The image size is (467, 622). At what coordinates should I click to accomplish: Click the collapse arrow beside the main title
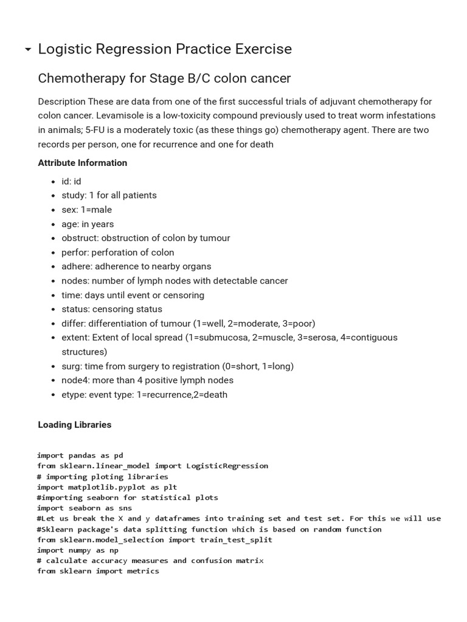pos(28,50)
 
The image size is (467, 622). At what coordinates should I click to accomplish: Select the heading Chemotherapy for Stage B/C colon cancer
pos(164,78)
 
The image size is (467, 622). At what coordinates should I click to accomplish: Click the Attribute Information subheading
pos(83,163)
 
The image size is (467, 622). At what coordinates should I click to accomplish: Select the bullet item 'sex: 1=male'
pos(86,210)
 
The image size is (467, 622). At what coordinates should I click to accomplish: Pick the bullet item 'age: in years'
pos(88,224)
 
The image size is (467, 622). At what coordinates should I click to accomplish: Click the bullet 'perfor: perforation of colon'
pos(117,252)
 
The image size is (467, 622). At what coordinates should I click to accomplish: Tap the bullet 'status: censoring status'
pos(112,309)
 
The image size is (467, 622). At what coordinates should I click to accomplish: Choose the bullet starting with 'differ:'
pos(188,323)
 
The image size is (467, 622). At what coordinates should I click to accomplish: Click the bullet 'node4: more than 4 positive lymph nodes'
pos(147,380)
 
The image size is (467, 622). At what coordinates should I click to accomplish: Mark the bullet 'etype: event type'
pos(144,394)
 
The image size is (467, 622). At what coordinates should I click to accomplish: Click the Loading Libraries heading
pos(75,425)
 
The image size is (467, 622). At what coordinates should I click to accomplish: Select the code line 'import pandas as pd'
pos(80,456)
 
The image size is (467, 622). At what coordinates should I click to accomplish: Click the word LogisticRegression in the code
pos(227,466)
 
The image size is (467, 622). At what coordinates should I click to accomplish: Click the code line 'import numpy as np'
pos(77,550)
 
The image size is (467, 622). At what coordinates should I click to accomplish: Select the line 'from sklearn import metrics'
pos(98,571)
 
